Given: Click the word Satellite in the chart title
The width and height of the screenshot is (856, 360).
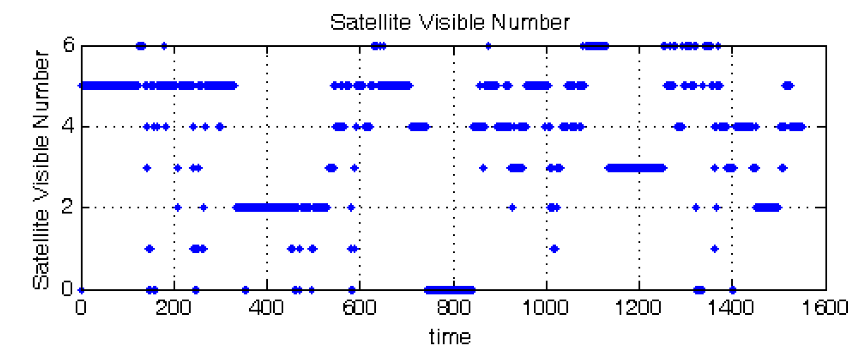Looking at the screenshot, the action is coord(370,22).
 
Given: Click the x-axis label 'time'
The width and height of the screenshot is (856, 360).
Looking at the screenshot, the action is coord(450,337).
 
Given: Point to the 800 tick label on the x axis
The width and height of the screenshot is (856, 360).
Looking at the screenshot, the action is coord(454,307).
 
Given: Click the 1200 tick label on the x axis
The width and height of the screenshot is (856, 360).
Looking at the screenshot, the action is coord(639,307).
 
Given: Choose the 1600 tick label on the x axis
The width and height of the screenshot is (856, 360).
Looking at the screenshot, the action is coord(824,307).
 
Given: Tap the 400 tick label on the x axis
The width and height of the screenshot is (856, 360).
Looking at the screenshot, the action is coord(266,307).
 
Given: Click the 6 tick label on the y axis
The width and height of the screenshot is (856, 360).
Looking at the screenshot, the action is coord(68,45).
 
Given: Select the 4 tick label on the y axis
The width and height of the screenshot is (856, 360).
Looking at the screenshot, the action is coord(68,126).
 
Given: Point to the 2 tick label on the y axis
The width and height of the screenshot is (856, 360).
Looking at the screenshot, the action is coord(68,207).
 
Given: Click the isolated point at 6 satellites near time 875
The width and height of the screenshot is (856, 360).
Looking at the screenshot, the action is coord(488,46).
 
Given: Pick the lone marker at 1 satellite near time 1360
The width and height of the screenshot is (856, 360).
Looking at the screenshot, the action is coord(715,249).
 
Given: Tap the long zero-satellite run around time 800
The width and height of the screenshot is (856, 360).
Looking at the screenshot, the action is coord(450,289).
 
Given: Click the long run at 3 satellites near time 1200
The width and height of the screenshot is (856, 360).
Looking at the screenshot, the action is coord(635,168).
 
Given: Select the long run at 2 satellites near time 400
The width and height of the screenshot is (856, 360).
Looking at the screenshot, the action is coord(281,207).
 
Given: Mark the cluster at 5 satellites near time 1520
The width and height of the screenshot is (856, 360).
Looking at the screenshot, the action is coord(787,85).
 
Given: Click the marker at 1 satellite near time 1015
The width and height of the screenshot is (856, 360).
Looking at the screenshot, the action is coord(554,249).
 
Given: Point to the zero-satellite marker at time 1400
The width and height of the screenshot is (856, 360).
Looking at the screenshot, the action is coord(732,289).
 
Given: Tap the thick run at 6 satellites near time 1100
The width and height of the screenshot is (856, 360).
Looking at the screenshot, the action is coord(595,46).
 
